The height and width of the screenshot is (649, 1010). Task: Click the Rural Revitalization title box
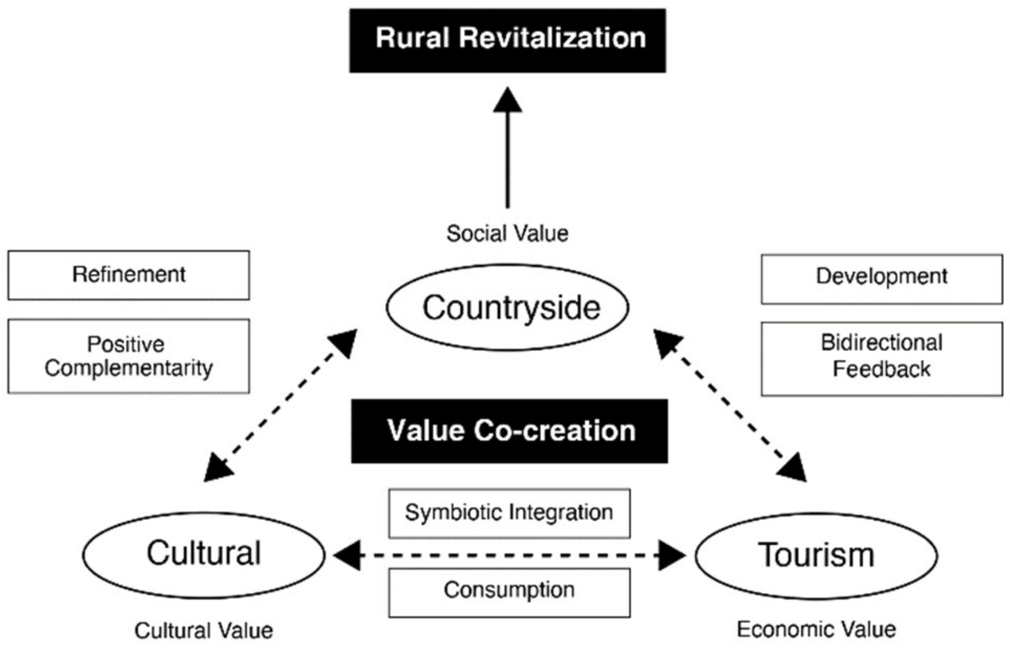click(508, 40)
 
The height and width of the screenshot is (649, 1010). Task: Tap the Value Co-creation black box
click(509, 431)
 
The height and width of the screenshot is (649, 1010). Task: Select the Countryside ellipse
click(508, 307)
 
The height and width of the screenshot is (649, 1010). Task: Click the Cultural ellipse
click(204, 555)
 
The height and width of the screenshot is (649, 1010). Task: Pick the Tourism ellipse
click(816, 556)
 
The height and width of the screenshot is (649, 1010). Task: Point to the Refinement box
click(129, 275)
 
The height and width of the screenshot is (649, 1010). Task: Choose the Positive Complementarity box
click(129, 356)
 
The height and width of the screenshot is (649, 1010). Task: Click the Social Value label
click(508, 233)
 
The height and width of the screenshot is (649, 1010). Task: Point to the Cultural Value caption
click(204, 631)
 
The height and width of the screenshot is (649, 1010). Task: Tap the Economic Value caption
click(816, 629)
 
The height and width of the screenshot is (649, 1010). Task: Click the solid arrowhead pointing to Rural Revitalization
click(508, 100)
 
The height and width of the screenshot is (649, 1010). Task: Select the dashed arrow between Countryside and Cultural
click(281, 405)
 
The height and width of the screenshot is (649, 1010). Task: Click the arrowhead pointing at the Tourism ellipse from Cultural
click(672, 555)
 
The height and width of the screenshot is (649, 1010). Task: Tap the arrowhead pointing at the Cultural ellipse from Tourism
click(347, 555)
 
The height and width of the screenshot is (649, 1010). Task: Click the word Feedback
click(881, 369)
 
